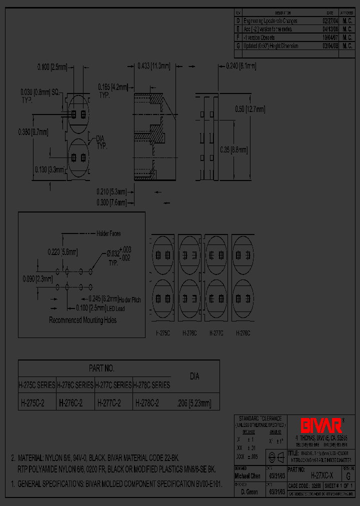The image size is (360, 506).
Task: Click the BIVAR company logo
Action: click(321, 425)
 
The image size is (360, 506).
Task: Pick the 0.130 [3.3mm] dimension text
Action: click(49, 169)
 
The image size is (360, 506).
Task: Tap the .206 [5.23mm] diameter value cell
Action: click(194, 402)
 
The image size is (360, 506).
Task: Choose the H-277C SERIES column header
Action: click(113, 385)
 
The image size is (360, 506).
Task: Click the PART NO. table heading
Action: click(101, 368)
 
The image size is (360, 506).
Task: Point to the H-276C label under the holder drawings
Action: click(189, 332)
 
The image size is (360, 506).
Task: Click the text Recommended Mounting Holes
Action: click(82, 320)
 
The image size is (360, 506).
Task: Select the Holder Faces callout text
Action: click(108, 233)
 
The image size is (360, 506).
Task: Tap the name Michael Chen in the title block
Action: click(247, 476)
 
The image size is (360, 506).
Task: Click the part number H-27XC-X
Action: click(321, 476)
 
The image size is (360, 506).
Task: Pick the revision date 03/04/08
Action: click(329, 46)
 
